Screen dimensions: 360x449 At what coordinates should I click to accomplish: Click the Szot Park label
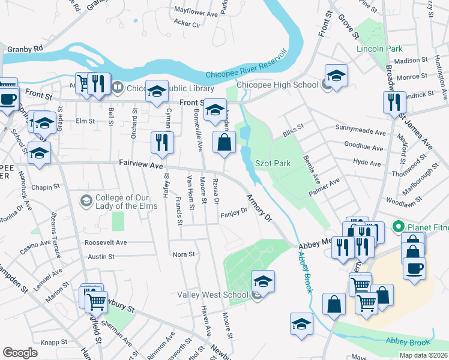273,163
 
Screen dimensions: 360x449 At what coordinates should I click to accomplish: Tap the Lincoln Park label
379,48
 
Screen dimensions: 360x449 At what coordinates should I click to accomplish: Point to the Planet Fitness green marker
397,227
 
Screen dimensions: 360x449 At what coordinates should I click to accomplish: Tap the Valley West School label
212,295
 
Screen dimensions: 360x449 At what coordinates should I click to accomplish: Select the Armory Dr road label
259,207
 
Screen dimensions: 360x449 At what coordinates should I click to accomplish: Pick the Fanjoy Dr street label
234,211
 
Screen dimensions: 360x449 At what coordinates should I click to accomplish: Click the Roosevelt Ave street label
106,242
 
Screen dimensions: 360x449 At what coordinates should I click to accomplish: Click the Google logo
20,352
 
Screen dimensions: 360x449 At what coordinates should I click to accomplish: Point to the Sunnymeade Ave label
360,131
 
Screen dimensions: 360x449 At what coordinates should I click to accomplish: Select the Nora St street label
184,254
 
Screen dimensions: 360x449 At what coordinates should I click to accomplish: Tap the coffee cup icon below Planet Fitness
414,267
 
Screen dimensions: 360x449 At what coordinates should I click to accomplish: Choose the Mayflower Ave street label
195,11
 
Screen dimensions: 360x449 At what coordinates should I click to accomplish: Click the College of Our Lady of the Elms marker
86,200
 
